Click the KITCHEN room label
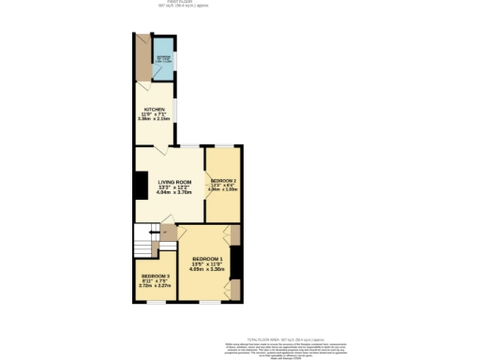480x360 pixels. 153,110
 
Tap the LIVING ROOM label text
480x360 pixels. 174,182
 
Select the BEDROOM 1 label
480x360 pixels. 206,258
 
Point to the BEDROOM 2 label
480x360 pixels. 223,179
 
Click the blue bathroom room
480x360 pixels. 164,58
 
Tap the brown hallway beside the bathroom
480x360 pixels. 143,58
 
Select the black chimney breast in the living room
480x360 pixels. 140,186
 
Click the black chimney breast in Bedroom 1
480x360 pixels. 236,262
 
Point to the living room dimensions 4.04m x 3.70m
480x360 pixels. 174,193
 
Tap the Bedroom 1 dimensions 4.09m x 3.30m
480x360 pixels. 206,269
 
